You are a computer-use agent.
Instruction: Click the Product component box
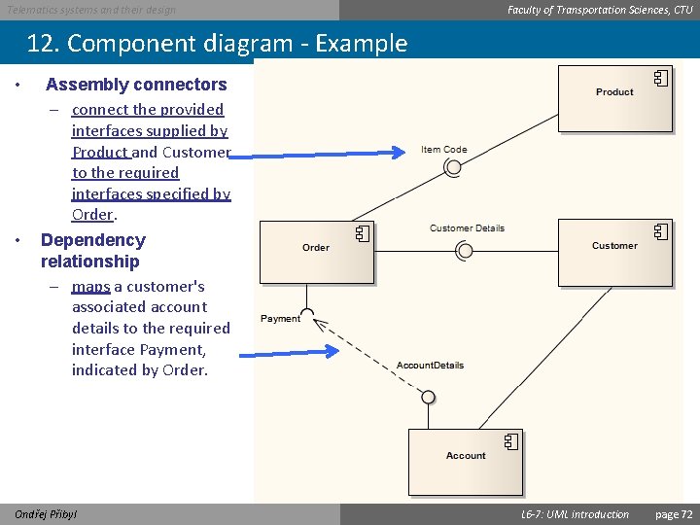614,97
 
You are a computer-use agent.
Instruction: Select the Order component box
317,252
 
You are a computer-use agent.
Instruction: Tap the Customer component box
614,252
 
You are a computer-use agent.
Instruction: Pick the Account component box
466,462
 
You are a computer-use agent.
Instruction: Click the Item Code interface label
444,150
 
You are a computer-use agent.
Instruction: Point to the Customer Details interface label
467,228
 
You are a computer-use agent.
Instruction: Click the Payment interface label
281,319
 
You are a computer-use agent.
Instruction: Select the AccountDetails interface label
430,366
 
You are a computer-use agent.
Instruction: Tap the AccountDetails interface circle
428,396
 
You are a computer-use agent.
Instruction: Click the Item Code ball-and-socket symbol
452,167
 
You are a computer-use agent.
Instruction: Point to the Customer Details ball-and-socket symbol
465,250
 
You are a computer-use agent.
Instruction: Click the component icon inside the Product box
660,79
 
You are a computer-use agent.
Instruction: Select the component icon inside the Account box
510,442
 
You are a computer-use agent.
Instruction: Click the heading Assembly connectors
136,85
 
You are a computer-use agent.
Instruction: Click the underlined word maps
90,287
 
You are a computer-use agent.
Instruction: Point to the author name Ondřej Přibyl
47,513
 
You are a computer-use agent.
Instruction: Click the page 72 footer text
674,513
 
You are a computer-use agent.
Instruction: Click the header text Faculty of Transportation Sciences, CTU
600,10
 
